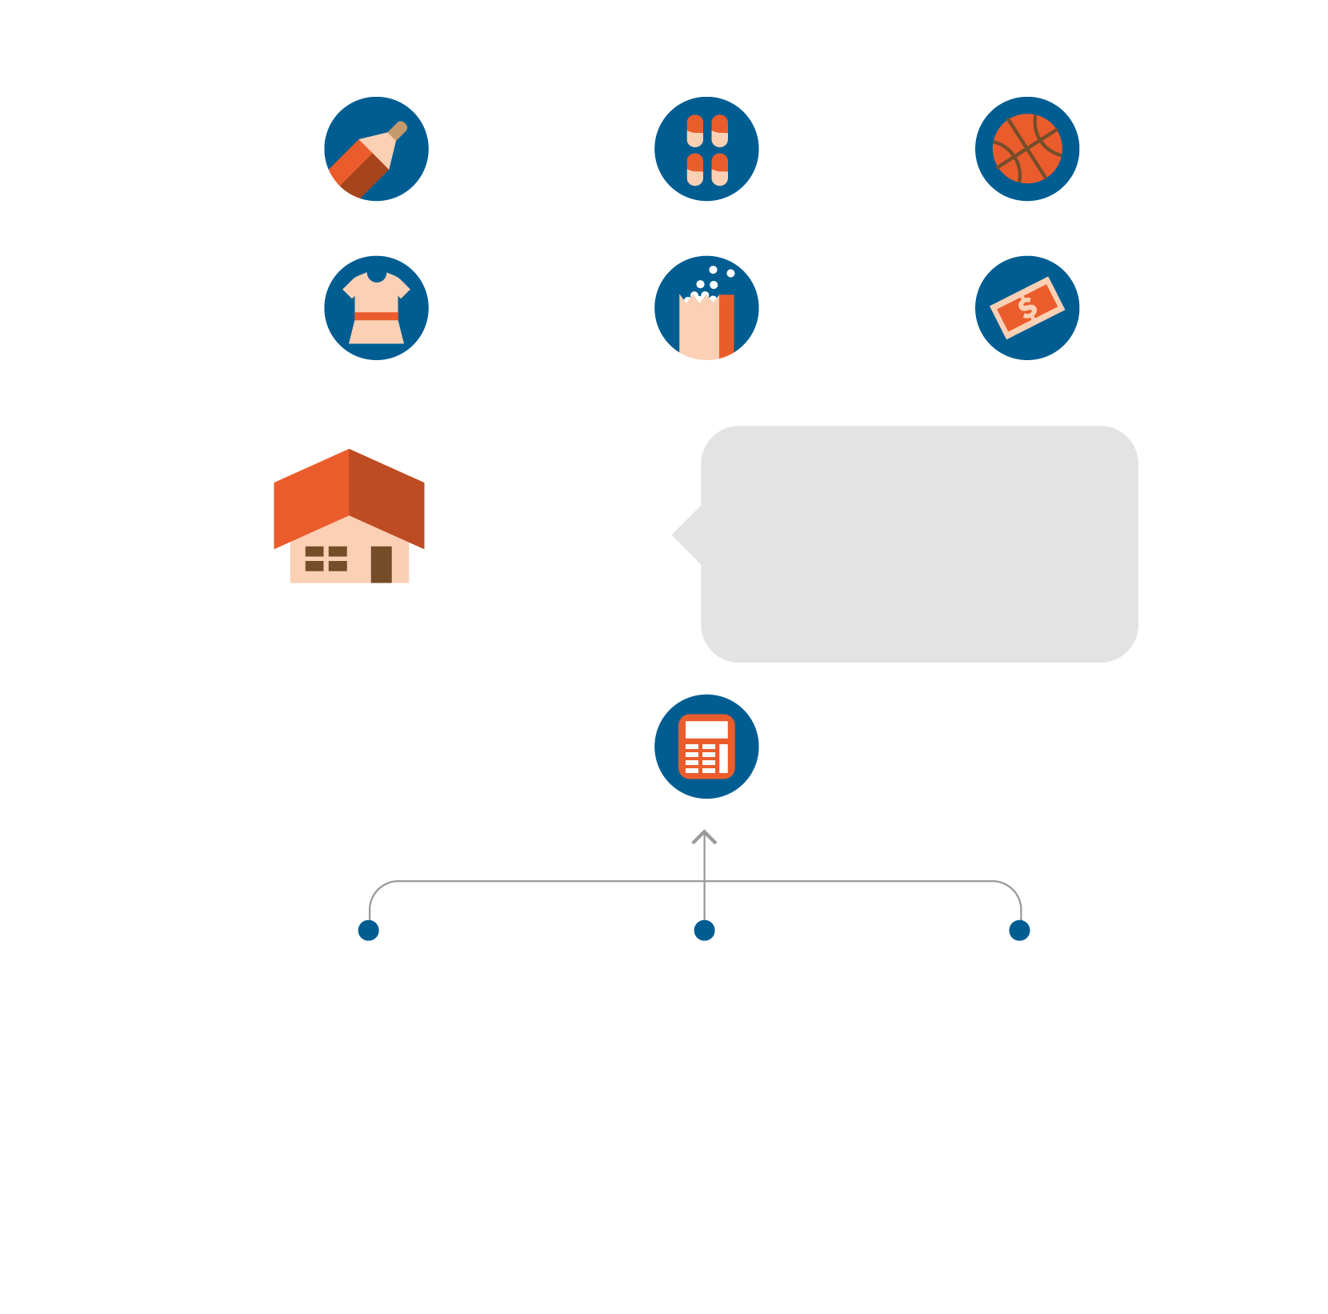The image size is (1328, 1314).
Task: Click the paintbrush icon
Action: click(x=376, y=149)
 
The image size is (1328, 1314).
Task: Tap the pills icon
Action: click(x=706, y=149)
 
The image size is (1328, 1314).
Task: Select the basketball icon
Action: click(x=1027, y=149)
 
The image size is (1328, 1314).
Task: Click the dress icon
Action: click(x=376, y=308)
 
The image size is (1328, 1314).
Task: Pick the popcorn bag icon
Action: click(x=706, y=308)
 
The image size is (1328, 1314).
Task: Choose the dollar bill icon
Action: click(x=1027, y=308)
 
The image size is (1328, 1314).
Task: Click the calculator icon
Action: click(x=706, y=747)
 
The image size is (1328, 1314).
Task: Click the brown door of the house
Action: click(x=382, y=564)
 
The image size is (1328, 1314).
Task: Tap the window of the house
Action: click(x=326, y=559)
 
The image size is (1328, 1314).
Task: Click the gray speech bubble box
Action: click(x=920, y=544)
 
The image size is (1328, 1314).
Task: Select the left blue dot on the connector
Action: click(x=369, y=931)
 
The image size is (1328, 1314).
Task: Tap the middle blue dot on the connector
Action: click(x=704, y=931)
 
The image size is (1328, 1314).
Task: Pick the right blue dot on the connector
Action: click(x=1019, y=931)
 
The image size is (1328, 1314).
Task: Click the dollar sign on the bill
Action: click(x=1027, y=308)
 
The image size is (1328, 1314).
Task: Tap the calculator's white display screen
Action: click(x=706, y=730)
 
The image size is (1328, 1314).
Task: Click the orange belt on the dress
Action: click(x=376, y=316)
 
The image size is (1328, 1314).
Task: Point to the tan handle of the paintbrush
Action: click(x=398, y=130)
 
